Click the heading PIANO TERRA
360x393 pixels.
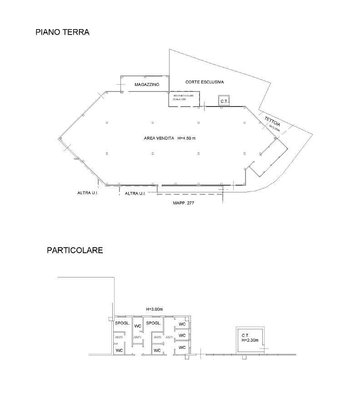(x=62, y=32)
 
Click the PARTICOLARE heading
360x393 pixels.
(x=75, y=250)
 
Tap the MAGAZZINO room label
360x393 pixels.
(x=146, y=85)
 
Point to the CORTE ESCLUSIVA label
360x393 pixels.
(x=205, y=82)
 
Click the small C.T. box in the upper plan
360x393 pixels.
(x=224, y=101)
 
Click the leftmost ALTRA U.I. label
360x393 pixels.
(x=88, y=193)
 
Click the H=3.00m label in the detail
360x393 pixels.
(x=154, y=309)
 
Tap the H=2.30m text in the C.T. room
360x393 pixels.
(x=250, y=340)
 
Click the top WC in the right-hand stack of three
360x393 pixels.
(x=182, y=324)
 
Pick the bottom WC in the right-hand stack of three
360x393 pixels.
(x=182, y=348)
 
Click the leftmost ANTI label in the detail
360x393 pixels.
(x=119, y=337)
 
